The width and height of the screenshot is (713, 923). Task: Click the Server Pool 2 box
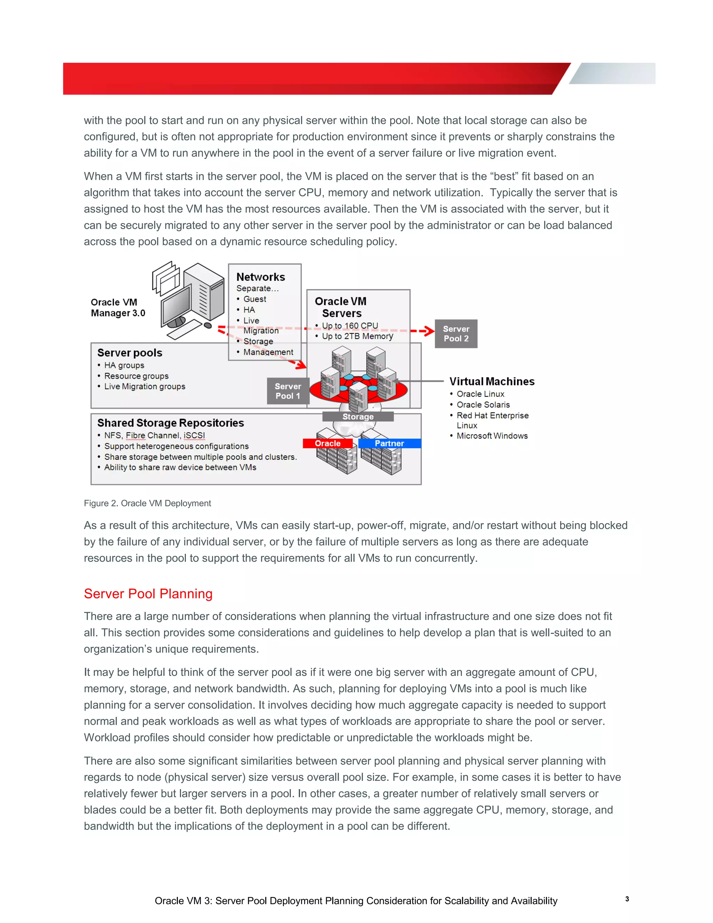pos(456,333)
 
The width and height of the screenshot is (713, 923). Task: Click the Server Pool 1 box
pos(288,391)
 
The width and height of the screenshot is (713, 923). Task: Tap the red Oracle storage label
pos(327,443)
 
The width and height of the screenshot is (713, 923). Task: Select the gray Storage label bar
pos(358,417)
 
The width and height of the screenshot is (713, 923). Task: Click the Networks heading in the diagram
pos(261,277)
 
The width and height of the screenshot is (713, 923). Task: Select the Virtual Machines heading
pos(492,381)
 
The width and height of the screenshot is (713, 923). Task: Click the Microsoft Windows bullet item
pos(492,436)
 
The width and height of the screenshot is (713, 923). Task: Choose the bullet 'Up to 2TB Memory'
pos(357,336)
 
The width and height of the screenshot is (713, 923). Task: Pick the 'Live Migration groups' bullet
pos(144,386)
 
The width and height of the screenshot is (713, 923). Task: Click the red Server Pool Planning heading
pos(148,594)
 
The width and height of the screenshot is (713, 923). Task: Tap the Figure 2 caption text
pos(147,503)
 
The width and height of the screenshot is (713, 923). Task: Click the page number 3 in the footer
pos(627,899)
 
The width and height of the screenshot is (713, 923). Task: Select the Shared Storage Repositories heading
pos(170,422)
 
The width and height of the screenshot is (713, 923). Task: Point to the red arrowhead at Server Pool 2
pos(430,331)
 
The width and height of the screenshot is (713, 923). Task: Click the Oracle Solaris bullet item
pos(483,404)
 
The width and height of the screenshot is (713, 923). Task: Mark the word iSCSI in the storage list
pos(194,435)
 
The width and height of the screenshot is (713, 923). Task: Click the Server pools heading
pos(130,352)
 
